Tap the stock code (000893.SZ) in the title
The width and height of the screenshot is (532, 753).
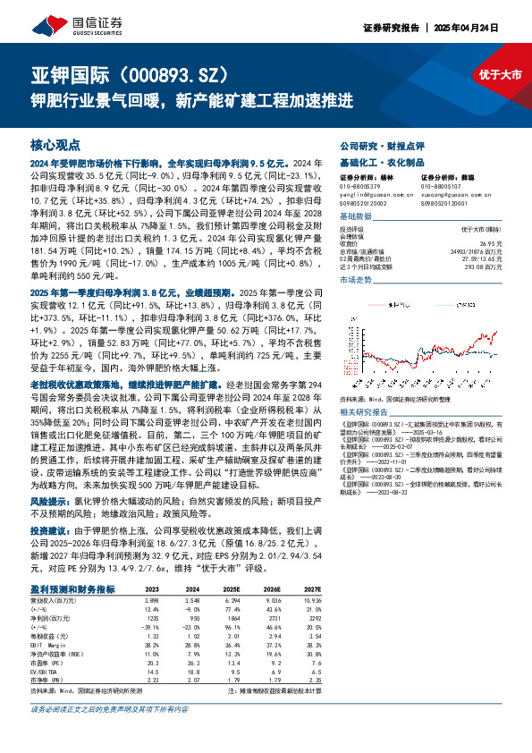click(172, 74)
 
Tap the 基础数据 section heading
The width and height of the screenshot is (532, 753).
click(355, 217)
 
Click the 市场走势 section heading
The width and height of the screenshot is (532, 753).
click(355, 280)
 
